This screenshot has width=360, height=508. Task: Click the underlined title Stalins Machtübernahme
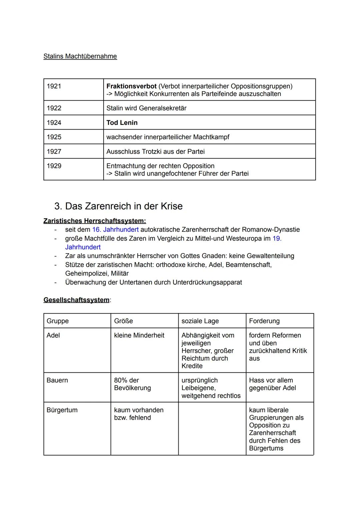80,56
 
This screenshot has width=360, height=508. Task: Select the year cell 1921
54,86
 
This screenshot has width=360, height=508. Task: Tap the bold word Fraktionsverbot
131,86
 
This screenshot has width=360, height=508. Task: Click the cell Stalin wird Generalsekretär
146,108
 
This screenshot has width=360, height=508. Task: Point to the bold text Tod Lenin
122,123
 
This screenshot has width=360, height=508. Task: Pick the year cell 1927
54,152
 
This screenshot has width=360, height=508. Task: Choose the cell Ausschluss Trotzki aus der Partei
155,152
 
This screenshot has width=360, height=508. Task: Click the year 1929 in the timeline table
54,166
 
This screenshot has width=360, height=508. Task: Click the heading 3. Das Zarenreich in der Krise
118,206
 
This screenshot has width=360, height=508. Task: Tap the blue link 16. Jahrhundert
115,230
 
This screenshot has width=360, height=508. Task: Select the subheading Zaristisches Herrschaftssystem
94,221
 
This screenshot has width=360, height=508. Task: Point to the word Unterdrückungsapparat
207,282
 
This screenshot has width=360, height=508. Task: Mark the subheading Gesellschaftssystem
76,300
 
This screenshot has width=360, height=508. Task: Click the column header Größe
123,321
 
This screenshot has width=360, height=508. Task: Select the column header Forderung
264,321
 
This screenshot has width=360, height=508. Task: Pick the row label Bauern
57,380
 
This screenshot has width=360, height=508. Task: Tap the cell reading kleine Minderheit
139,335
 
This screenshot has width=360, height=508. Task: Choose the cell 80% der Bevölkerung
132,384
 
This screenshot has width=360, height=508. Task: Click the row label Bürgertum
62,410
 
